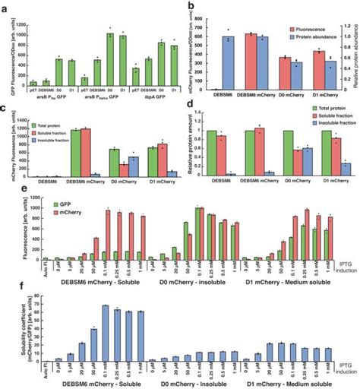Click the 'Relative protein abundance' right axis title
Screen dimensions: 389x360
[355, 46]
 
